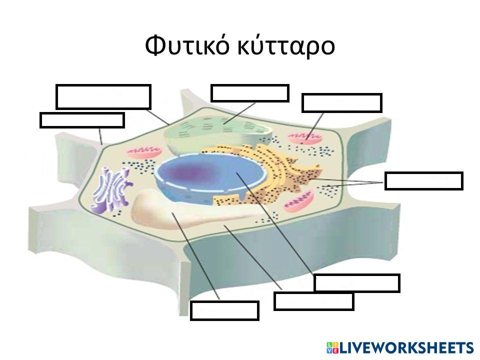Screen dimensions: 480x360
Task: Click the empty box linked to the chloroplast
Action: pos(250,93)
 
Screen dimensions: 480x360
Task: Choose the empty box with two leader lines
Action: pos(424,181)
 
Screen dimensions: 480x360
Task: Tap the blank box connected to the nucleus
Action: pos(356,283)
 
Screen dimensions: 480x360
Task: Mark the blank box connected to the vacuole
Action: pos(224,310)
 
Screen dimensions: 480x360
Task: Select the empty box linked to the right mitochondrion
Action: pos(342,103)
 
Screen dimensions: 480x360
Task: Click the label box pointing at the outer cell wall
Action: pos(82,120)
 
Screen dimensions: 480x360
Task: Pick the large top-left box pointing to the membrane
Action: pos(103,96)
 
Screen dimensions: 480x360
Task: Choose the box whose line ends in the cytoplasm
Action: pos(314,301)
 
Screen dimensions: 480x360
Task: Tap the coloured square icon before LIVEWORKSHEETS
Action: pos(332,347)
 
